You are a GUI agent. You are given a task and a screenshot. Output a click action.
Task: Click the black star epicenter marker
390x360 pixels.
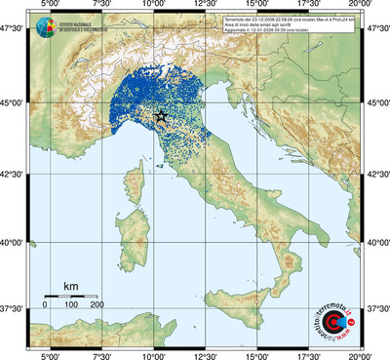[x=161, y=116]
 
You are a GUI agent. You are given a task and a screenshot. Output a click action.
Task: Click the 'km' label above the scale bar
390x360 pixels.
[x=70, y=286]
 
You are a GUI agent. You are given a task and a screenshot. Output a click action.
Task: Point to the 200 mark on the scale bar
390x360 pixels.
[x=97, y=305]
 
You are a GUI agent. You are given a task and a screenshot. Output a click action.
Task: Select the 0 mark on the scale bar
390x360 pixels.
[x=45, y=305]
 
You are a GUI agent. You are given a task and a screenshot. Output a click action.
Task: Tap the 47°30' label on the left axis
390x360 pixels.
[x=14, y=32]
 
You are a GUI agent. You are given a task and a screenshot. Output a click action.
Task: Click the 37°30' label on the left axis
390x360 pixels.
[x=14, y=308]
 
